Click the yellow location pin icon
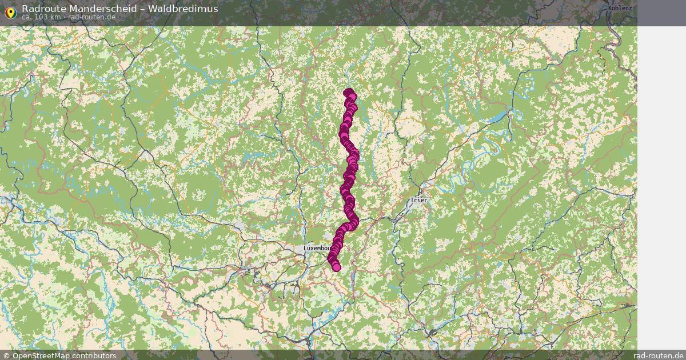tap(10, 12)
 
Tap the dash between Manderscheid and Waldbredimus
tap(150, 9)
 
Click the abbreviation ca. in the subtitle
tap(27, 17)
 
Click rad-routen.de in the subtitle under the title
tap(91, 17)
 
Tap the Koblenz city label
tap(620, 8)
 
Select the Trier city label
tap(418, 201)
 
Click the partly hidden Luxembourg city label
tap(317, 249)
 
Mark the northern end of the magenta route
tap(348, 93)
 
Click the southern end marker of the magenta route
tap(336, 267)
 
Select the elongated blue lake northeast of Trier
tap(498, 117)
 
